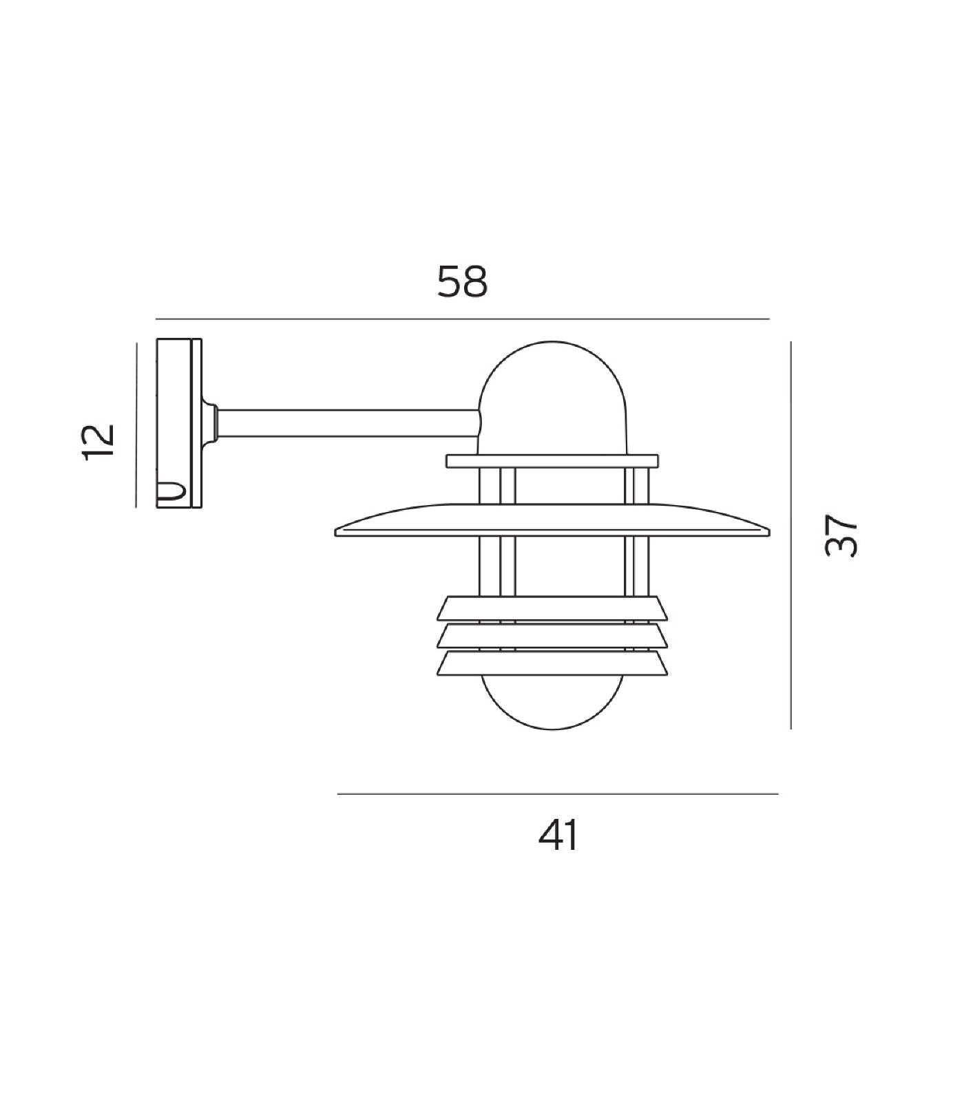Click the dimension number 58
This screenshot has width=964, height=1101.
pos(463,282)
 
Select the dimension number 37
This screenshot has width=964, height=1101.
pos(842,535)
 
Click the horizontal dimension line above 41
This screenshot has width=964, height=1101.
pos(558,794)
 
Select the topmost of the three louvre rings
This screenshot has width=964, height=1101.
pos(553,606)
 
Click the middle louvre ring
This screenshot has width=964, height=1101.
pos(553,635)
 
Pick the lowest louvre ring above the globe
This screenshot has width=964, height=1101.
pos(553,663)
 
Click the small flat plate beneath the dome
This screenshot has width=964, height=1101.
pos(552,461)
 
